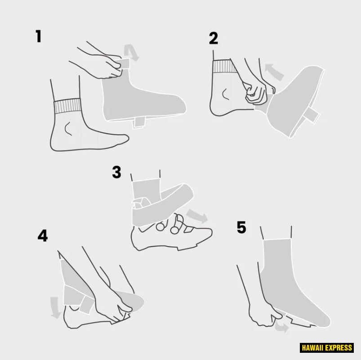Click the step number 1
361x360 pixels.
tap(39, 36)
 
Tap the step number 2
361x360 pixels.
tap(214, 38)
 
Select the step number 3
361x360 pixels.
tap(117, 172)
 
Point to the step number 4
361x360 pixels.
tap(43, 235)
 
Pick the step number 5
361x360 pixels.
tap(241, 227)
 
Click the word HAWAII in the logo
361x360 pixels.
tap(312, 348)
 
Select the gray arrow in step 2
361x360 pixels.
tap(274, 72)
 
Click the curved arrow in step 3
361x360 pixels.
tap(197, 216)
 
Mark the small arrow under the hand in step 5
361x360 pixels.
tap(282, 327)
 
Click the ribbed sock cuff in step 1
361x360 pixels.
tap(68, 106)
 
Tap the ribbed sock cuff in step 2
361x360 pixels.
tap(225, 67)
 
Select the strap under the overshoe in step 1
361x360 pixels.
tap(138, 122)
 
